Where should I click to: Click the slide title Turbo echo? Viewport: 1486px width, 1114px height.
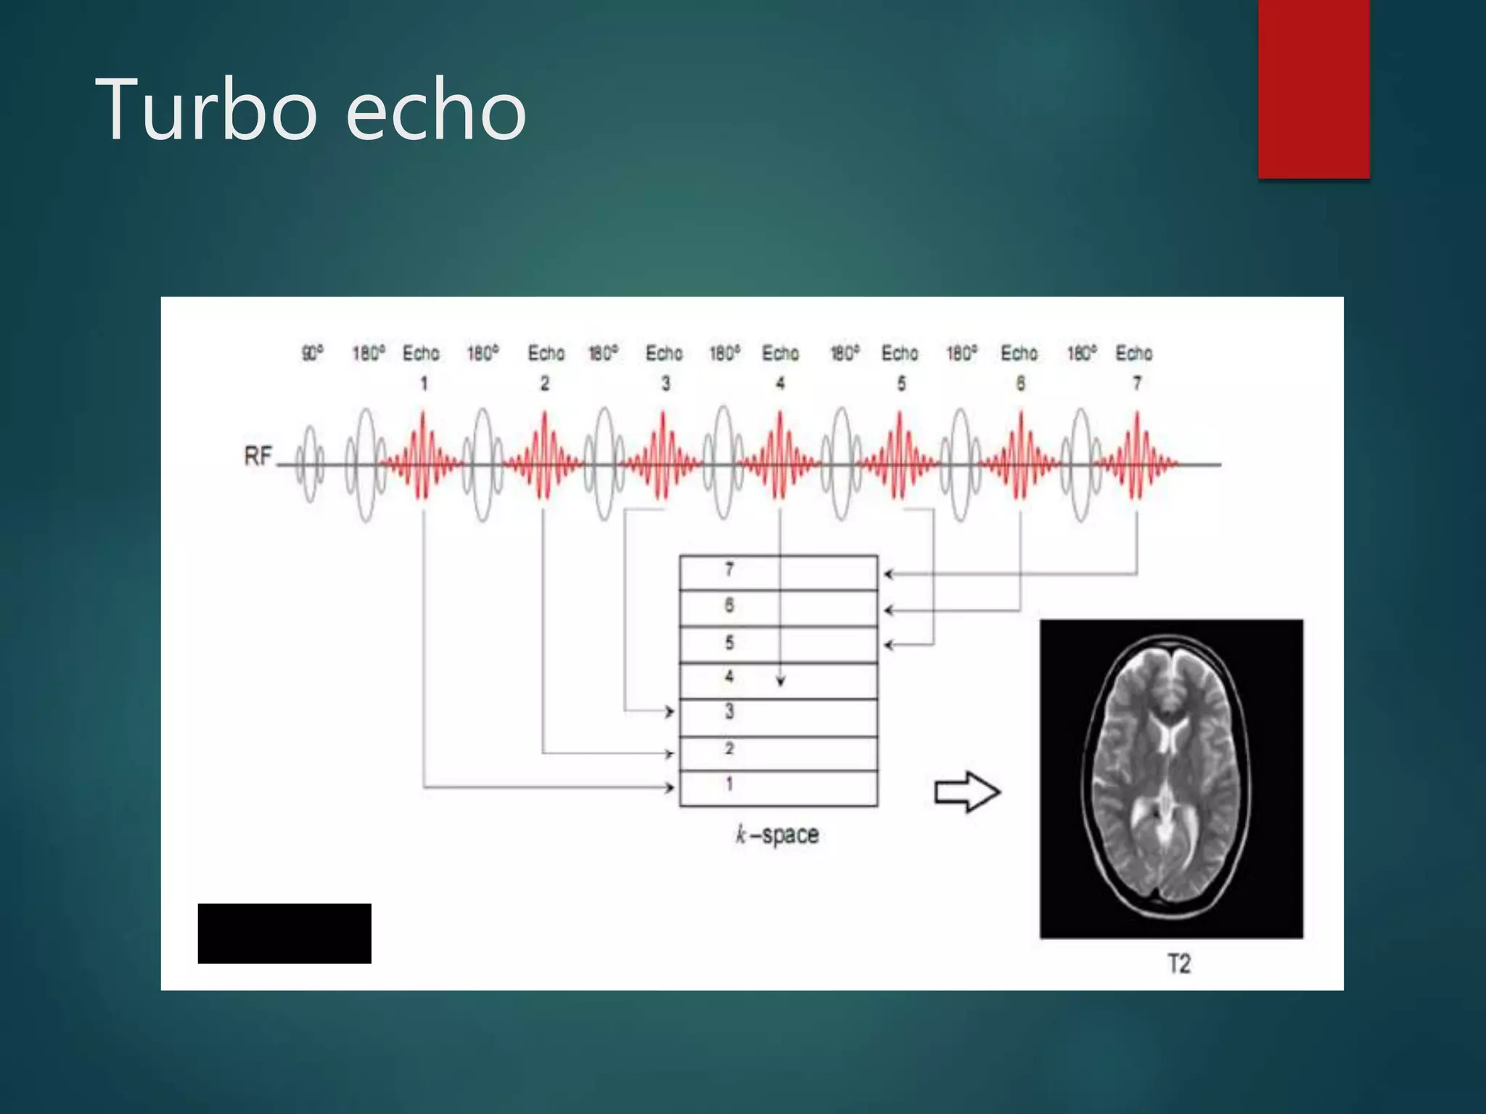pyautogui.click(x=311, y=110)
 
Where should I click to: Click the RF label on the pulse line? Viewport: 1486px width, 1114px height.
pyautogui.click(x=258, y=456)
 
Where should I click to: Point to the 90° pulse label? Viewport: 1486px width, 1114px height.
pyautogui.click(x=313, y=353)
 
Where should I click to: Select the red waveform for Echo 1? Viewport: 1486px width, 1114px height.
pyautogui.click(x=422, y=457)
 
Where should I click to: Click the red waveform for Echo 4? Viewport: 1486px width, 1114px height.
pyautogui.click(x=780, y=457)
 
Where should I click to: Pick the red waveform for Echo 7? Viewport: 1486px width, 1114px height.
pyautogui.click(x=1137, y=457)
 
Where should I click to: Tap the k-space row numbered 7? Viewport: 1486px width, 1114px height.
pyautogui.click(x=778, y=573)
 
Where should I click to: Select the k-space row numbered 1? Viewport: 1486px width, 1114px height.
pyautogui.click(x=778, y=788)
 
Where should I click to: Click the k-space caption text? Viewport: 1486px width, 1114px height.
pyautogui.click(x=777, y=835)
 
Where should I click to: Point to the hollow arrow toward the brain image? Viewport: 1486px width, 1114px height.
pyautogui.click(x=967, y=792)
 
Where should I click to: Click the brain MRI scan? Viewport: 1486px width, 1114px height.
pyautogui.click(x=1171, y=778)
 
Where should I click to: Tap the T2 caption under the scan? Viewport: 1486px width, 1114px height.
pyautogui.click(x=1178, y=964)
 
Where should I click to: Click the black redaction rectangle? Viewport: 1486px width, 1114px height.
pyautogui.click(x=284, y=933)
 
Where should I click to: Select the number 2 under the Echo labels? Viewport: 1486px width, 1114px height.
pyautogui.click(x=545, y=383)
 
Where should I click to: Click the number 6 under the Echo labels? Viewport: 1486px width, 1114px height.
pyautogui.click(x=1020, y=383)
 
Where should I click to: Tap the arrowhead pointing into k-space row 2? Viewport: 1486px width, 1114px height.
pyautogui.click(x=669, y=754)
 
